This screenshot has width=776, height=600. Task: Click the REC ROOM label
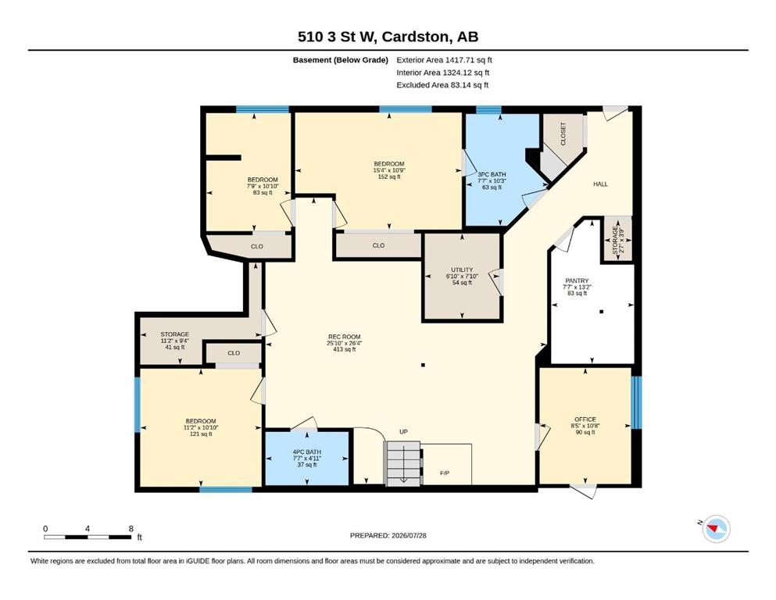coord(344,337)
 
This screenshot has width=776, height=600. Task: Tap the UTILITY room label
coord(462,270)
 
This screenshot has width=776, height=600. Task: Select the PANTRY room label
coord(577,280)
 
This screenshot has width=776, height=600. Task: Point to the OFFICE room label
coord(585,420)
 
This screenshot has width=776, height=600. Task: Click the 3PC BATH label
coord(492,174)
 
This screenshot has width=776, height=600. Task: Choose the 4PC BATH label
coord(307,452)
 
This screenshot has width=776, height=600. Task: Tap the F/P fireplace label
coord(445,473)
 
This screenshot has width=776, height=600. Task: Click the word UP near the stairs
coord(403,432)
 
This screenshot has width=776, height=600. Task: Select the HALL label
coord(600,184)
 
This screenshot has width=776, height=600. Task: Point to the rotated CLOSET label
coord(563,134)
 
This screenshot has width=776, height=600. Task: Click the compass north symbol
coord(714,528)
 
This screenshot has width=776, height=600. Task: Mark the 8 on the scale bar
coord(131,528)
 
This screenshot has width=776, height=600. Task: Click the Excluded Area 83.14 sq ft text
coord(442,85)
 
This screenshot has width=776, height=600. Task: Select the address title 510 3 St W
coord(338,37)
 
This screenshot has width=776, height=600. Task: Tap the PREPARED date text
coord(388,535)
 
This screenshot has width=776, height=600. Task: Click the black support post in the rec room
coord(423,365)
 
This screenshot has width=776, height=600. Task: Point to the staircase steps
coord(402,464)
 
